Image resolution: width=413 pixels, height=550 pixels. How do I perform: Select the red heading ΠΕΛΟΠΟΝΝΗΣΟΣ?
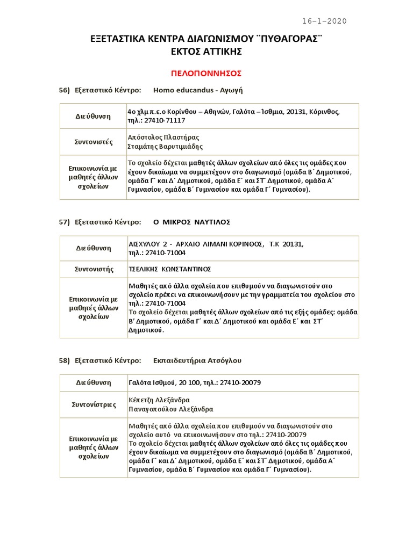click(206, 73)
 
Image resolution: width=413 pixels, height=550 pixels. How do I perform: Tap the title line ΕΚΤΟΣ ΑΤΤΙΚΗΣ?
click(206, 52)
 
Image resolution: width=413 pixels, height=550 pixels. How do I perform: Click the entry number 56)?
click(65, 90)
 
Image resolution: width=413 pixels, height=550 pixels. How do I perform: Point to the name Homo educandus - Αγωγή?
click(194, 90)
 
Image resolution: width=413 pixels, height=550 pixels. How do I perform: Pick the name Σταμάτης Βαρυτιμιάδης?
click(165, 146)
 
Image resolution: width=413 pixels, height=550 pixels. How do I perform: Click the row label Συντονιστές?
click(93, 142)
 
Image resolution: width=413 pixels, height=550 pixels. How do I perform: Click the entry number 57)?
click(65, 222)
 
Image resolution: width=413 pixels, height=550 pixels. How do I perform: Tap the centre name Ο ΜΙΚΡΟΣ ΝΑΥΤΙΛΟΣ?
click(191, 222)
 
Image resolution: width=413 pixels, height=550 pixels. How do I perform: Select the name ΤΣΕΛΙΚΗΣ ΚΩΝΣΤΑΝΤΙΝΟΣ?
click(169, 269)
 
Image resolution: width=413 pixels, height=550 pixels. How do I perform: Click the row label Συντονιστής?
click(93, 269)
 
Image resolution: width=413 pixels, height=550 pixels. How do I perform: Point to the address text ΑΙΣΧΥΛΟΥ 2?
click(148, 244)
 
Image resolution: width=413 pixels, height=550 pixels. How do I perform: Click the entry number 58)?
click(65, 360)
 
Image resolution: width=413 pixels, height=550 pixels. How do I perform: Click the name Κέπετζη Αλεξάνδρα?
click(159, 400)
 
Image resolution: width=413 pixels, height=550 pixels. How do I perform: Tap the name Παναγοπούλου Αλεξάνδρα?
click(170, 409)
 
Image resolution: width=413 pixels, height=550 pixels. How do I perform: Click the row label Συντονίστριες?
click(93, 404)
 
